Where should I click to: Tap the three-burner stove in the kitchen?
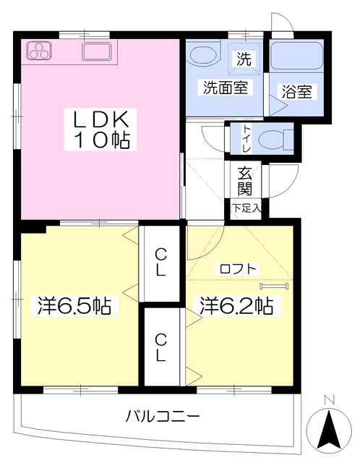40,50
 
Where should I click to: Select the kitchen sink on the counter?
97,51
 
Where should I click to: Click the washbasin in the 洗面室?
204,53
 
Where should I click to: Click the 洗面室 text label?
226,88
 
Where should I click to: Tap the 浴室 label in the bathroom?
297,91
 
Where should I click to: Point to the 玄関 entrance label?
245,181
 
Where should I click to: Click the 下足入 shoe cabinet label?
247,208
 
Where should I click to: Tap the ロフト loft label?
238,268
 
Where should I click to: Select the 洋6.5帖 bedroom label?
74,305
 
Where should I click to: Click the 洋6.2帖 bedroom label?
236,305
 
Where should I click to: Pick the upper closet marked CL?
161,263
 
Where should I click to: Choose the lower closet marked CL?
161,347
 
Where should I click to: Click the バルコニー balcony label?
163,417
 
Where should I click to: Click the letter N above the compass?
329,400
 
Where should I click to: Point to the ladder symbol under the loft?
274,286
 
